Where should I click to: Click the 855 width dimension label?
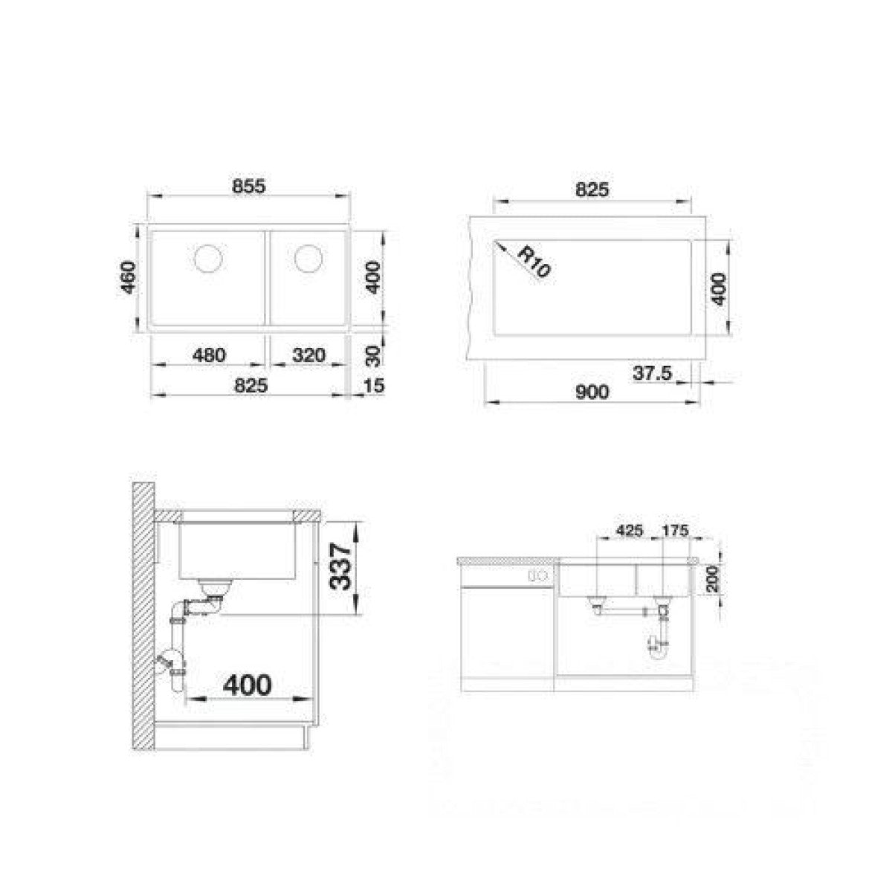[249, 186]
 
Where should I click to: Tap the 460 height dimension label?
[128, 278]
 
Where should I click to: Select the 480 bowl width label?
[209, 355]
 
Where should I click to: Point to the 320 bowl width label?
[308, 355]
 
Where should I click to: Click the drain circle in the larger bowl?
[208, 258]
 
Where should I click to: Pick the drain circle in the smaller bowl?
[308, 258]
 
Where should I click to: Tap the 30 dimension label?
[375, 357]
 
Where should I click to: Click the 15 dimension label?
[374, 385]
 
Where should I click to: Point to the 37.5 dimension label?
[652, 372]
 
